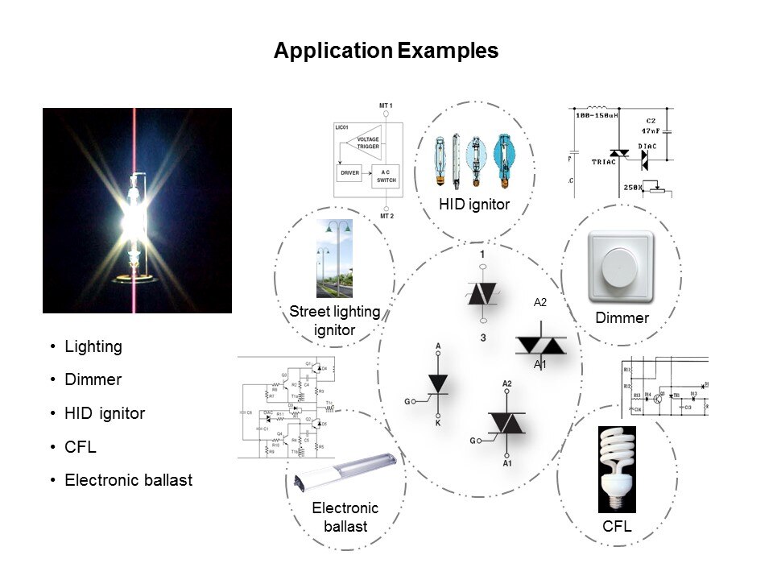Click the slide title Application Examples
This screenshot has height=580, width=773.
(386, 51)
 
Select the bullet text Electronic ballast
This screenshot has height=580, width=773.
(128, 480)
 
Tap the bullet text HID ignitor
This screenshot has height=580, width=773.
(105, 413)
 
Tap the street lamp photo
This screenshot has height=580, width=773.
(333, 259)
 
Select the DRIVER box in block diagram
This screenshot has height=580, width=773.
(350, 172)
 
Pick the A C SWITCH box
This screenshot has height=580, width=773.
(386, 176)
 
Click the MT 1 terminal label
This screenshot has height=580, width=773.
(386, 106)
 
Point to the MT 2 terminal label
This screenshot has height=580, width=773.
(386, 216)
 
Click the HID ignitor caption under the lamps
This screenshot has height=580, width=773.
(474, 205)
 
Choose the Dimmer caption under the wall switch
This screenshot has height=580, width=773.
(622, 318)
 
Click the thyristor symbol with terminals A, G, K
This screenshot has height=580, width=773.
(437, 384)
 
